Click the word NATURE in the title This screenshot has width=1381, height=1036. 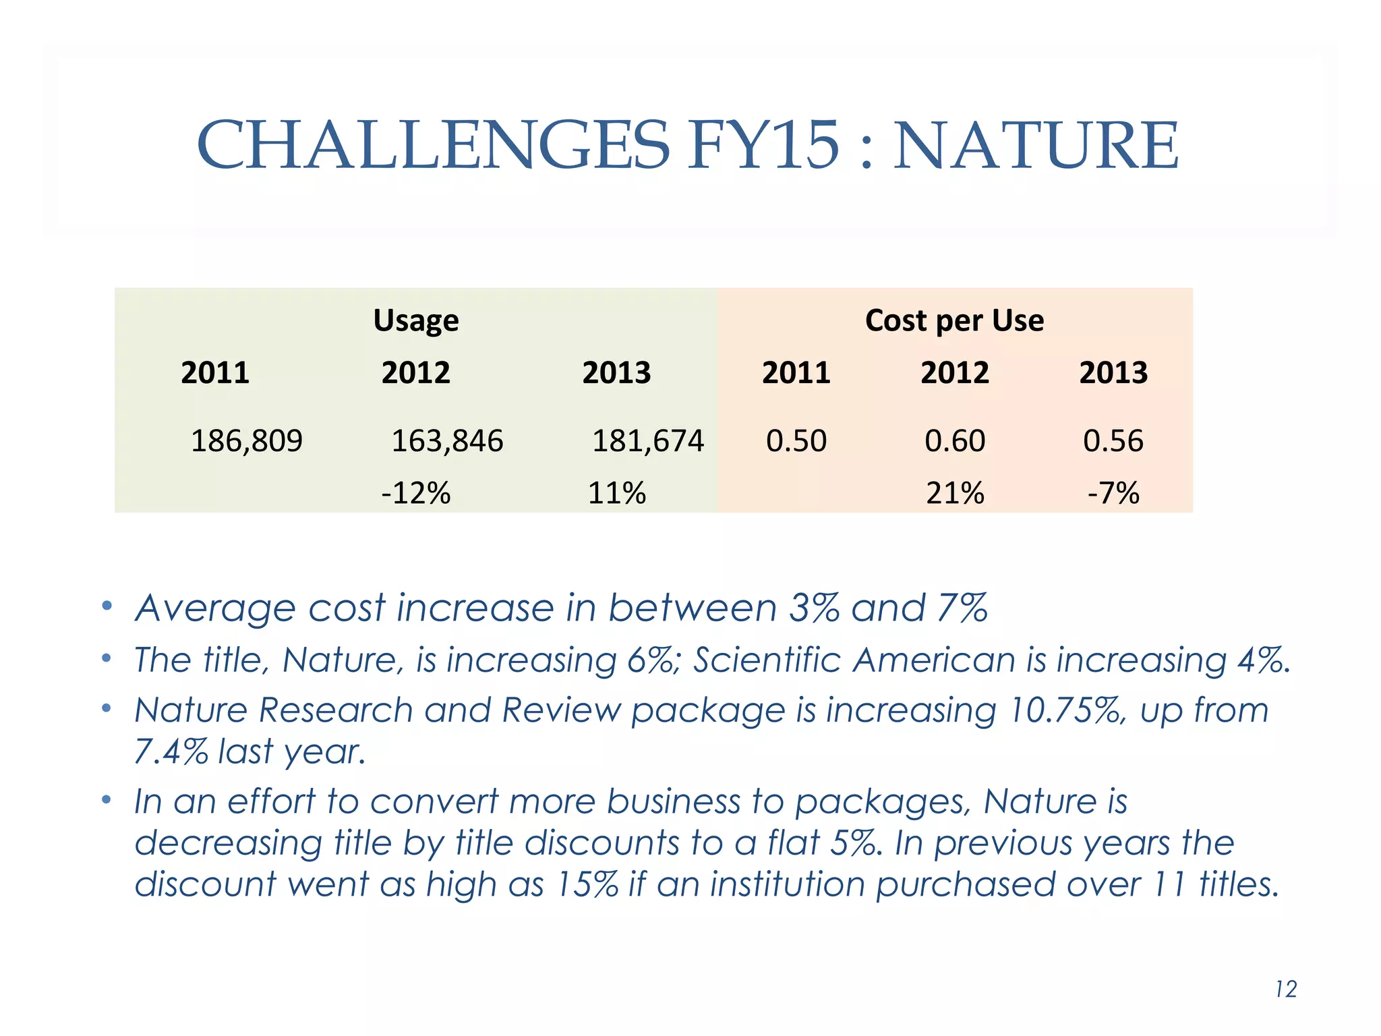tap(1036, 145)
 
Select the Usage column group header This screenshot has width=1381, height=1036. tap(415, 320)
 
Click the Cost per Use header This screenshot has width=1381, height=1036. tap(954, 320)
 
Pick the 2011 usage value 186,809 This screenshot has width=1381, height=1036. tap(247, 441)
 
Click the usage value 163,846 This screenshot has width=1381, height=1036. tap(447, 441)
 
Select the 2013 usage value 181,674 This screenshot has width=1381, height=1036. tap(647, 441)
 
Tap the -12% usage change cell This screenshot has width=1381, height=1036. tap(415, 493)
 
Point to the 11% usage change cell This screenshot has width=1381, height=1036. tap(616, 493)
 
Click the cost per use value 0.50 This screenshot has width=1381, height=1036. tap(796, 441)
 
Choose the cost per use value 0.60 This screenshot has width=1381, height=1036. tap(954, 441)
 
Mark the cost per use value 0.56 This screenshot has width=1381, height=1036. tap(1113, 441)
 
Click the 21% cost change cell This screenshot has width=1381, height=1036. tap(954, 493)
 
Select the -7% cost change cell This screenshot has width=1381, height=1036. tap(1113, 493)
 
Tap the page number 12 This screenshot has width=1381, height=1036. tap(1286, 989)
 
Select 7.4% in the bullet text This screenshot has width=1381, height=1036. tap(171, 751)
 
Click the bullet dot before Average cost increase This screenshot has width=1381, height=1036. tap(106, 606)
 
